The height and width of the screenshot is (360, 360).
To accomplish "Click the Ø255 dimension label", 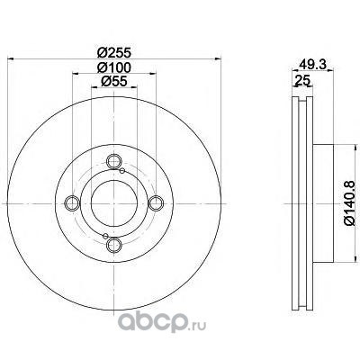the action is coord(114,53).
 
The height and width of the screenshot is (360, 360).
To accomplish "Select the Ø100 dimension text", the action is coord(114,67).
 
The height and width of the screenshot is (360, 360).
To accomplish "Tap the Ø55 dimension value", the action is coord(114,81).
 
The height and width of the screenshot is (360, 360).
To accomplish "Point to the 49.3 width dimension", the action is coord(313,65).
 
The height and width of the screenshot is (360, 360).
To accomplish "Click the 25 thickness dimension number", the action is coord(302,80).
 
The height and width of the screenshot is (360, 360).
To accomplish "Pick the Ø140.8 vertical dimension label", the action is coord(350,203).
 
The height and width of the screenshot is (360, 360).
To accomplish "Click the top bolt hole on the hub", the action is coord(114,162).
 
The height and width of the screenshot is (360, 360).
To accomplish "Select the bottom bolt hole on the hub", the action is coord(114,245).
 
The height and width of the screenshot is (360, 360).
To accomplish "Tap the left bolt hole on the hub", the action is coord(72,203).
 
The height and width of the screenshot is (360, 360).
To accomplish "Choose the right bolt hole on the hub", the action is coord(156,203).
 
